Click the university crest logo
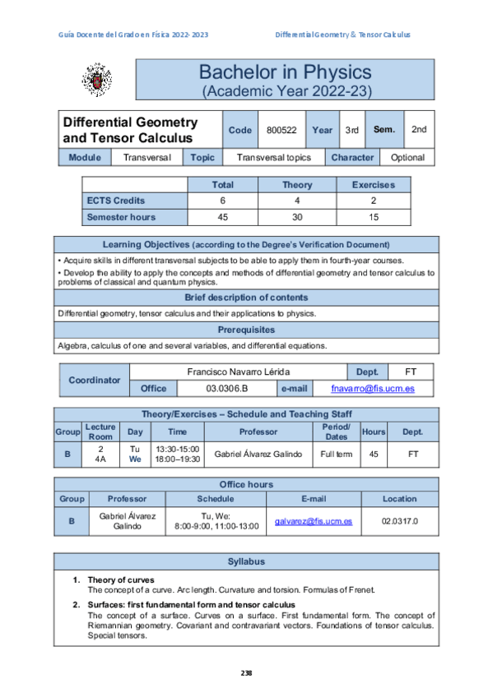pyautogui.click(x=94, y=80)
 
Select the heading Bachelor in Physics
pyautogui.click(x=286, y=72)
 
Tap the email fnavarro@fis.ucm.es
pyautogui.click(x=372, y=388)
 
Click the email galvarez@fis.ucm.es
pyautogui.click(x=314, y=521)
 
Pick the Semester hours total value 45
pyautogui.click(x=222, y=217)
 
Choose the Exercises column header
pyautogui.click(x=373, y=185)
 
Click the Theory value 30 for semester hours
pyautogui.click(x=297, y=217)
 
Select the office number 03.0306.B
pyautogui.click(x=226, y=388)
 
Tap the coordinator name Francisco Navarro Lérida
pyautogui.click(x=239, y=372)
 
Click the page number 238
pyautogui.click(x=246, y=673)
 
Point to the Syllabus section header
pyautogui.click(x=246, y=561)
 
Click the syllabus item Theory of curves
pyautogui.click(x=120, y=579)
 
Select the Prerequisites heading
pyautogui.click(x=246, y=330)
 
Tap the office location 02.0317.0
pyautogui.click(x=399, y=521)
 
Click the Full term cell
pyautogui.click(x=337, y=453)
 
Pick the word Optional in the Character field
pyautogui.click(x=407, y=157)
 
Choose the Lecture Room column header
pyautogui.click(x=100, y=432)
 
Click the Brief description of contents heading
pyautogui.click(x=246, y=298)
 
